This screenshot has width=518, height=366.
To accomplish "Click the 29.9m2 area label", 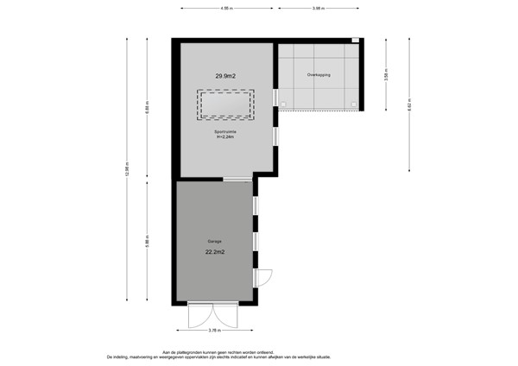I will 226,76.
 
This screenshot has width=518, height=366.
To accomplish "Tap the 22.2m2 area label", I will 215,252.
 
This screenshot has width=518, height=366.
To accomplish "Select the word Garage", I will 215,241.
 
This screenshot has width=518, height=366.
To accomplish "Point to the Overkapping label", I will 319,76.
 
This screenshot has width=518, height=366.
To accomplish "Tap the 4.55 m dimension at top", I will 226,9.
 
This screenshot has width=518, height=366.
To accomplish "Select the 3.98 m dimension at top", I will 318,9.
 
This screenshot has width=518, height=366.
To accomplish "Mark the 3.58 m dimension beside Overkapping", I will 385,76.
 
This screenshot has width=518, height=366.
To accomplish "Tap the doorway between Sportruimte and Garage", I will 236,179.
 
